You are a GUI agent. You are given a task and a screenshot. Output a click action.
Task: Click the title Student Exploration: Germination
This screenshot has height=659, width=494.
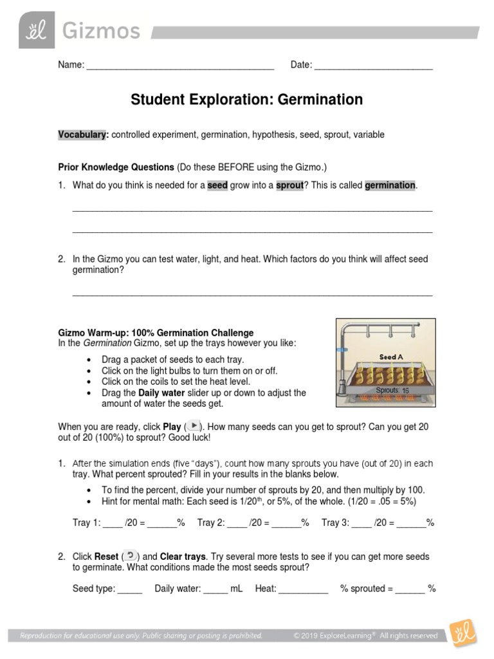247,100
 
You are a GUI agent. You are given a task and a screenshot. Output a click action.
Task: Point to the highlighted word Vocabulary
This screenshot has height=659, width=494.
83,135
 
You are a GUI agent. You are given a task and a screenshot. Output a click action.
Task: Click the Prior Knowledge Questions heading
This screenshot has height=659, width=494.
116,167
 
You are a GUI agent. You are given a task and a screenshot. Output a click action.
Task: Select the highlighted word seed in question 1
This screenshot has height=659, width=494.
217,185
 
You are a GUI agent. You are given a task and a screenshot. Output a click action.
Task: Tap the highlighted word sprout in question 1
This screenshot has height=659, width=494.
289,185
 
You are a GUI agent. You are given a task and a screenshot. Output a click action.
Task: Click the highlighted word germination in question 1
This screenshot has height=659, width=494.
390,185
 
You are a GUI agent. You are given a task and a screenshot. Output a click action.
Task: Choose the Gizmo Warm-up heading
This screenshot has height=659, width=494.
156,333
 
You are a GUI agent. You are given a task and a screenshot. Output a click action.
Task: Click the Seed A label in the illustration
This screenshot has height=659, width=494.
391,357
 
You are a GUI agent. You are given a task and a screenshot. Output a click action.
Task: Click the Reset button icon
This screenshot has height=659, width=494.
130,555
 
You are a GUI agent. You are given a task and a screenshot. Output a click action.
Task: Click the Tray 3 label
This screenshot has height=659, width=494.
335,523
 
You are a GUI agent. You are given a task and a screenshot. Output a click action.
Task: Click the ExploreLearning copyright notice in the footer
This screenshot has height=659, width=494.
365,636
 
